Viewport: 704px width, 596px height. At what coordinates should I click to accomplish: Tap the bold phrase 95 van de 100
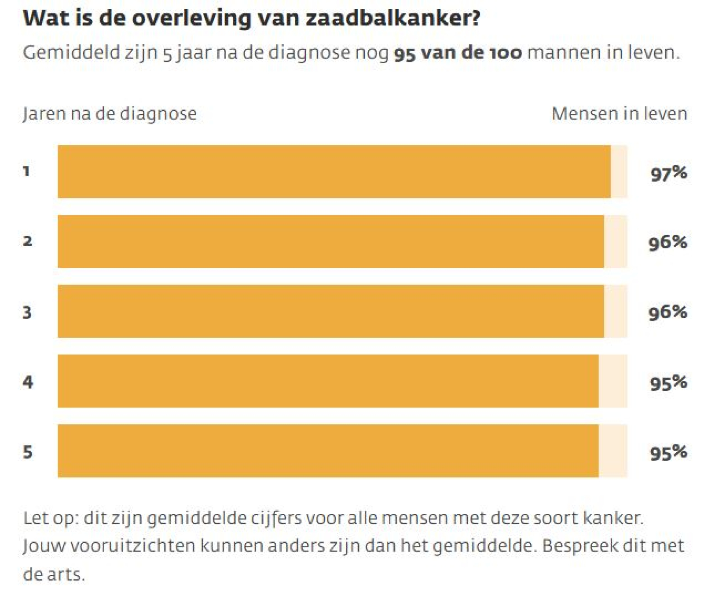click(458, 53)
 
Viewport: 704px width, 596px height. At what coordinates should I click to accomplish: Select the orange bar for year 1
click(334, 171)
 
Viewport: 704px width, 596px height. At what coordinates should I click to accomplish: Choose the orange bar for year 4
click(328, 381)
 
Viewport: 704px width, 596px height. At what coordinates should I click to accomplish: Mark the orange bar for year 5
click(328, 451)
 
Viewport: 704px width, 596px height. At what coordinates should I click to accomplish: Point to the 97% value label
click(668, 173)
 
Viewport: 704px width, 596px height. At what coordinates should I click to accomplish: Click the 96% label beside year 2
click(667, 243)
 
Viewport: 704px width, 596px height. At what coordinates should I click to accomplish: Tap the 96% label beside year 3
click(667, 313)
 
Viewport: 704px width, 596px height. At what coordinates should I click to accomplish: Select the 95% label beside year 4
click(668, 382)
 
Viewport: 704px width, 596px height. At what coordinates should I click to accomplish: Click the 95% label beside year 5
click(668, 452)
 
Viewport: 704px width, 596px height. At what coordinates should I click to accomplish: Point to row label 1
click(27, 171)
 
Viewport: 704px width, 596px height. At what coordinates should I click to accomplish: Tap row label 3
click(27, 312)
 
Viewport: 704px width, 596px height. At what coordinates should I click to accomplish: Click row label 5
click(28, 452)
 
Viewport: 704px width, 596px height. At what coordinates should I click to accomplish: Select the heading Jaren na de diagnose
click(110, 113)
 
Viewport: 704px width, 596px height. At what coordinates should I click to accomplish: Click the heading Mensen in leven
click(619, 113)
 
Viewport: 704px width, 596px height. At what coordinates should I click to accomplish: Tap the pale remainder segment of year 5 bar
click(612, 451)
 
